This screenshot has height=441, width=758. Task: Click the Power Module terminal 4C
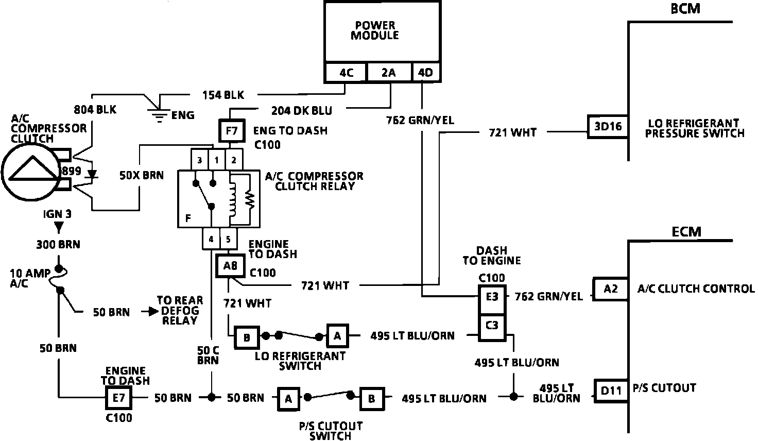pyautogui.click(x=346, y=73)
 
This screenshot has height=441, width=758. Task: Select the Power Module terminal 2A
pyautogui.click(x=389, y=73)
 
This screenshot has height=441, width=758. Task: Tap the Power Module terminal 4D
pyautogui.click(x=426, y=73)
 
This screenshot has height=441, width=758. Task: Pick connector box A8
pyautogui.click(x=230, y=266)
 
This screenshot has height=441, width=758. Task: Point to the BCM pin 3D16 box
pyautogui.click(x=608, y=127)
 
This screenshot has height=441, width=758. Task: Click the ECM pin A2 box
pyautogui.click(x=610, y=289)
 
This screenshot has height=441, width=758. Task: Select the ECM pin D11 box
pyautogui.click(x=611, y=390)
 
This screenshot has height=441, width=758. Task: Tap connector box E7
pyautogui.click(x=119, y=398)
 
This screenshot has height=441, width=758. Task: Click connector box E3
pyautogui.click(x=492, y=296)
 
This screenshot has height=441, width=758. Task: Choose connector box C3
pyautogui.click(x=492, y=326)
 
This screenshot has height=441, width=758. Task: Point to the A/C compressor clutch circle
pyautogui.click(x=30, y=172)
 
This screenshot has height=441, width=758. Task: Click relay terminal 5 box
pyautogui.click(x=228, y=240)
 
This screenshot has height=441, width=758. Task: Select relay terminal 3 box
pyautogui.click(x=199, y=160)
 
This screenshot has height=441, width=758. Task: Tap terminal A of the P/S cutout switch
pyautogui.click(x=288, y=398)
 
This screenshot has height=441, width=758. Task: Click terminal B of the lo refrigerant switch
pyautogui.click(x=247, y=337)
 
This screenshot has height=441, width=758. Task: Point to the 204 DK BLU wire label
pyautogui.click(x=301, y=110)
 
